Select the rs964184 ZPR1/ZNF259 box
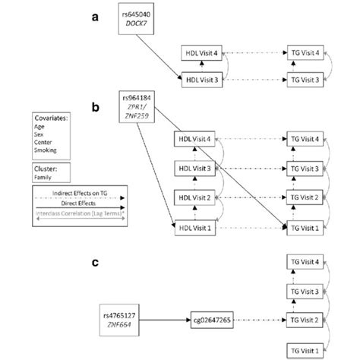pyautogui.click(x=141, y=107)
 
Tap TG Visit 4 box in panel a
pyautogui.click(x=305, y=50)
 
